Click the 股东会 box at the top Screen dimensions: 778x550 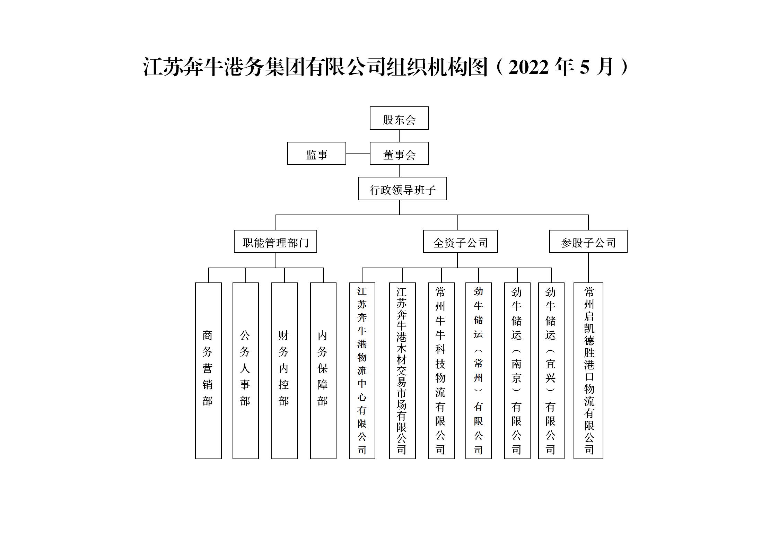pyautogui.click(x=399, y=118)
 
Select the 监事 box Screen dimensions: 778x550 pyautogui.click(x=316, y=153)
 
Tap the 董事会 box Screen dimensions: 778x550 pyautogui.click(x=399, y=153)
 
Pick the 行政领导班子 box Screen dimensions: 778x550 pyautogui.click(x=402, y=189)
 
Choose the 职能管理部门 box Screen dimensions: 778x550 pyautogui.click(x=275, y=241)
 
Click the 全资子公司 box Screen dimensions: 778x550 pyautogui.click(x=460, y=241)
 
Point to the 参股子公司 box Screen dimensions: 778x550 pyautogui.click(x=588, y=241)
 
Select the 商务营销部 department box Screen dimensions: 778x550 pyautogui.click(x=208, y=371)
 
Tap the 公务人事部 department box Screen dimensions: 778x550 pyautogui.click(x=245, y=371)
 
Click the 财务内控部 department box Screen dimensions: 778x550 pyautogui.click(x=284, y=371)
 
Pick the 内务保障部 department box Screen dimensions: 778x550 pyautogui.click(x=323, y=371)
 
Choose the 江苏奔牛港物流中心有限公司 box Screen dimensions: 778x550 pyautogui.click(x=362, y=371)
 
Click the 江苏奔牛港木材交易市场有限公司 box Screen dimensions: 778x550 pyautogui.click(x=402, y=371)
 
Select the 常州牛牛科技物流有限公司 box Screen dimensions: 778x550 pyautogui.click(x=441, y=371)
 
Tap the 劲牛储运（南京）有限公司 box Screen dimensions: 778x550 pyautogui.click(x=517, y=371)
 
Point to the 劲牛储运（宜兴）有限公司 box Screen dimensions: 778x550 pyautogui.click(x=551, y=371)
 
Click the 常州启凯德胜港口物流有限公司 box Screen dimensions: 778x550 pyautogui.click(x=588, y=371)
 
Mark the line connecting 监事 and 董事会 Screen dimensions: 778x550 pyautogui.click(x=358, y=153)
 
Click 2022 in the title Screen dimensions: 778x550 pyautogui.click(x=528, y=67)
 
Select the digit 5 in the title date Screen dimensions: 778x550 pyautogui.click(x=584, y=67)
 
